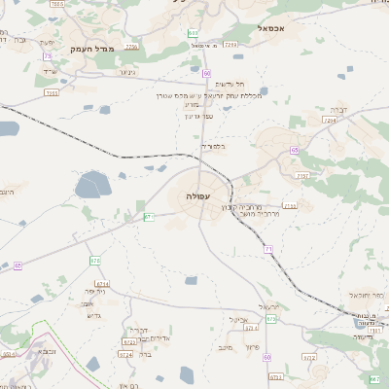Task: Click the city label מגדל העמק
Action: click(x=93, y=48)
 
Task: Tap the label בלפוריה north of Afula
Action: click(x=214, y=147)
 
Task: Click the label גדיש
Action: click(x=94, y=315)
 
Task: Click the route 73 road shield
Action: click(x=47, y=56)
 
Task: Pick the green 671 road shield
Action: click(x=149, y=217)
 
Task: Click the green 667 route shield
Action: click(x=374, y=376)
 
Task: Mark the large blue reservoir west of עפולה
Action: click(x=93, y=185)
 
